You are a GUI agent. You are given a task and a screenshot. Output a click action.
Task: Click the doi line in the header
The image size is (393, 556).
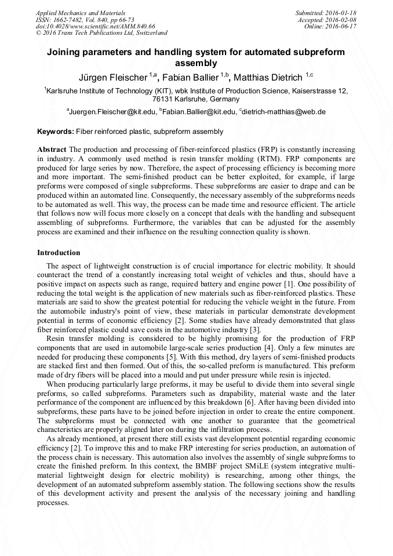96,26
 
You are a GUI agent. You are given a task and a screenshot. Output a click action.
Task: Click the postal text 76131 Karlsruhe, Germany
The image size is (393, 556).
196,99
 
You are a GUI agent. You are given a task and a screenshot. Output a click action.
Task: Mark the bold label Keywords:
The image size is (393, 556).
56,132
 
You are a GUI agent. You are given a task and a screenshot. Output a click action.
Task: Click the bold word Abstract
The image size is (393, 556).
52,150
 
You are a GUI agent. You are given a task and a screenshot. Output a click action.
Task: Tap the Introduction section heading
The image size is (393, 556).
59,253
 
